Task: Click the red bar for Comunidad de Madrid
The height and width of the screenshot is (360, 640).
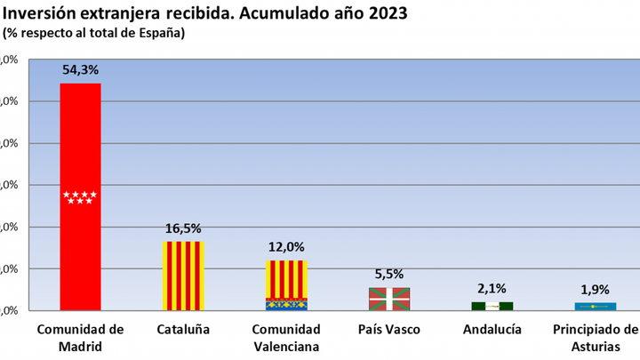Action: click(x=80, y=142)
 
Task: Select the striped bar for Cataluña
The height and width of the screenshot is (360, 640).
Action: click(x=183, y=276)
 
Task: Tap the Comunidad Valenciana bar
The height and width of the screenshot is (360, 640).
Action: click(x=286, y=284)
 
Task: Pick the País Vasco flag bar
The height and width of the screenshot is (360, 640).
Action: click(x=389, y=299)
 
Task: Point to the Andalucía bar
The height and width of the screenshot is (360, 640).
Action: click(x=492, y=306)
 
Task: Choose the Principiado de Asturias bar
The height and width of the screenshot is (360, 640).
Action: click(x=596, y=307)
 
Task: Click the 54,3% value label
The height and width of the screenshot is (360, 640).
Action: click(x=80, y=69)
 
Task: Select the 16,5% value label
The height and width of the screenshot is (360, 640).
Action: click(x=183, y=228)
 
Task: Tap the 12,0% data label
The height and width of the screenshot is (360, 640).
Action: click(x=286, y=247)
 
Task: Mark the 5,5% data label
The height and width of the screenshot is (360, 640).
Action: click(x=389, y=275)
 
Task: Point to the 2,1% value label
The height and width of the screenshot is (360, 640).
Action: click(x=492, y=289)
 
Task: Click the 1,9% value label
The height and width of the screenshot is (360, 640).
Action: click(x=596, y=290)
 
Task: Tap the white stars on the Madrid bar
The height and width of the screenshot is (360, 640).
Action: click(x=80, y=197)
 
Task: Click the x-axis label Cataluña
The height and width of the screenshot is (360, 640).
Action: click(x=183, y=330)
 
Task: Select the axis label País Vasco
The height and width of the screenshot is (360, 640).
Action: click(x=389, y=330)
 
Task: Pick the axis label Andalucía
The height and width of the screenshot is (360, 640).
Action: click(x=492, y=330)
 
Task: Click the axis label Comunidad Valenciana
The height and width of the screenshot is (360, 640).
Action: click(x=286, y=338)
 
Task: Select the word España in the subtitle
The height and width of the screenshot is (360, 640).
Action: click(x=160, y=33)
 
